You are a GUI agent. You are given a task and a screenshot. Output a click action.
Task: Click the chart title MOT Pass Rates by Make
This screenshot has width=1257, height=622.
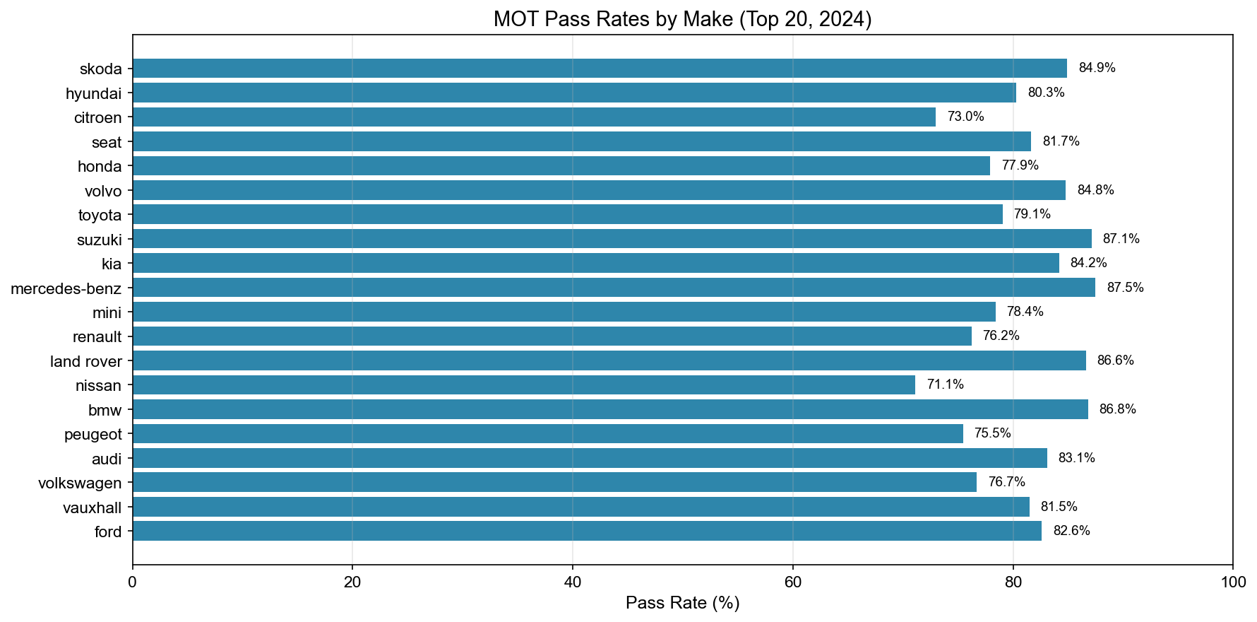[x=682, y=19]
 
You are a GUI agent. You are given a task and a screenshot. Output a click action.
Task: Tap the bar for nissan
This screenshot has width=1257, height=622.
[x=523, y=385]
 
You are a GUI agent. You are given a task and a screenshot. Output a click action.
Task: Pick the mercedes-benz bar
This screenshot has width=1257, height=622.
[x=614, y=288]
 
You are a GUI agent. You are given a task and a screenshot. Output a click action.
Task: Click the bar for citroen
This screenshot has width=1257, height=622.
[x=534, y=117]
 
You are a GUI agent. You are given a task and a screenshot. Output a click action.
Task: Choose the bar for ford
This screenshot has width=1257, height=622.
[x=587, y=532]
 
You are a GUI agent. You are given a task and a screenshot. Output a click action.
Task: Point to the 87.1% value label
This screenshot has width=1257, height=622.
[x=1121, y=239]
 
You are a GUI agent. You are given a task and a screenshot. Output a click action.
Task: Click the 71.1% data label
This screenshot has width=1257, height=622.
[x=945, y=385]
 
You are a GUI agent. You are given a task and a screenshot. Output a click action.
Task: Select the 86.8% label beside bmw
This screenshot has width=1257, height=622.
[x=1117, y=409]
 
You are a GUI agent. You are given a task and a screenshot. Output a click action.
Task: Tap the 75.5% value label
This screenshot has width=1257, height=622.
[x=992, y=433]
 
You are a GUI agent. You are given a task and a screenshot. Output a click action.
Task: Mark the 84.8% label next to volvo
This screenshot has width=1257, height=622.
[x=1095, y=190]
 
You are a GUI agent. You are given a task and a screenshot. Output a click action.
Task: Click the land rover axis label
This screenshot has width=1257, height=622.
[x=86, y=362]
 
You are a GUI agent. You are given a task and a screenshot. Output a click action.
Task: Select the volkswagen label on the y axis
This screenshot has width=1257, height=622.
[x=80, y=483]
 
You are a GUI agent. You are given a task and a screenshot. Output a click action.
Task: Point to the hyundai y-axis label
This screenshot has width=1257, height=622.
[x=93, y=93]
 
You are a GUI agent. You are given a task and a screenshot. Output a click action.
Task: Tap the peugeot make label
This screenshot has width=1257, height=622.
[x=93, y=435]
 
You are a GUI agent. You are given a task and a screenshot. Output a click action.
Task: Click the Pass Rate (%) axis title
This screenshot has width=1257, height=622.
[x=682, y=604]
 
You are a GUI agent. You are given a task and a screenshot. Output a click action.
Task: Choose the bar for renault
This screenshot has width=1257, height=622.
[x=552, y=336]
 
